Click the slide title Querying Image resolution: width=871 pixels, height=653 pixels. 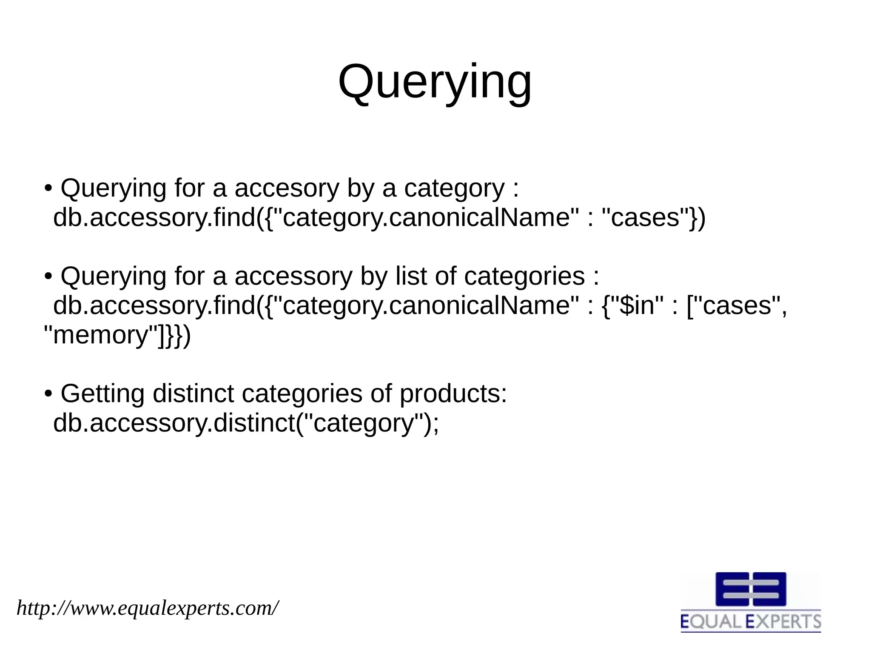point(435,82)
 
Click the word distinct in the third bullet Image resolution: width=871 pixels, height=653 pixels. point(193,394)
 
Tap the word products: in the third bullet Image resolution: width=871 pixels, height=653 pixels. point(453,394)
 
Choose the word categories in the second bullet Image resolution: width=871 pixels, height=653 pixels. point(524,276)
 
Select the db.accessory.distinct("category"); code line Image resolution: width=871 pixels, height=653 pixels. point(246,423)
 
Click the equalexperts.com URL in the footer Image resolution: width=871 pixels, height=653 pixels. point(148,608)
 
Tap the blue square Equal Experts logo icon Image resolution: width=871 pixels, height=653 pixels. point(751,589)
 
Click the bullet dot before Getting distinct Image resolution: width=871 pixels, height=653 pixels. point(48,394)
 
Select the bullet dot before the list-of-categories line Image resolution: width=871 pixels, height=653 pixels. point(48,276)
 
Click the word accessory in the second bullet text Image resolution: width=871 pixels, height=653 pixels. point(293,276)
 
